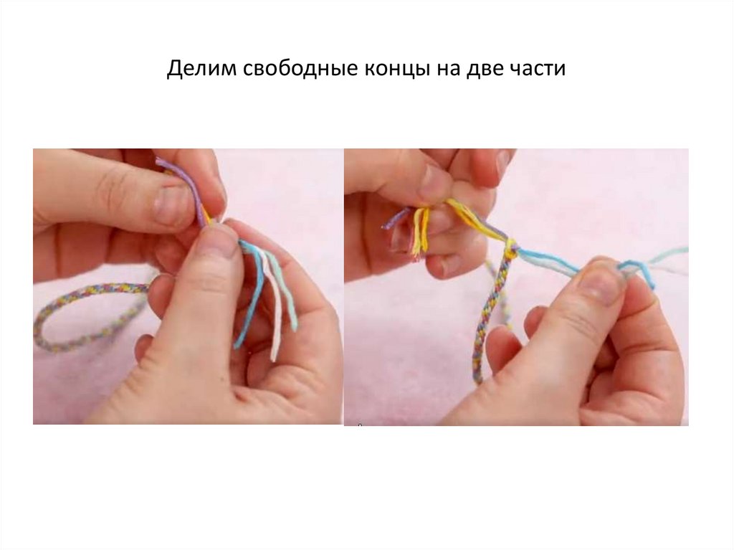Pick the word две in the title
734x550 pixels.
pyautogui.click(x=485, y=68)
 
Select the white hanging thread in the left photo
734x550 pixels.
pyautogui.click(x=273, y=305)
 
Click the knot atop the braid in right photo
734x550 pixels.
pyautogui.click(x=510, y=247)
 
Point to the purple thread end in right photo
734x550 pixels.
pyautogui.click(x=395, y=219)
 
